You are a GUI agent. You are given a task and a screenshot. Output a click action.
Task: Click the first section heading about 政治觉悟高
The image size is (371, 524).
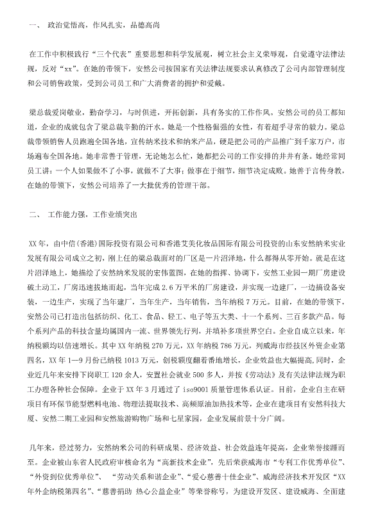(103, 26)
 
